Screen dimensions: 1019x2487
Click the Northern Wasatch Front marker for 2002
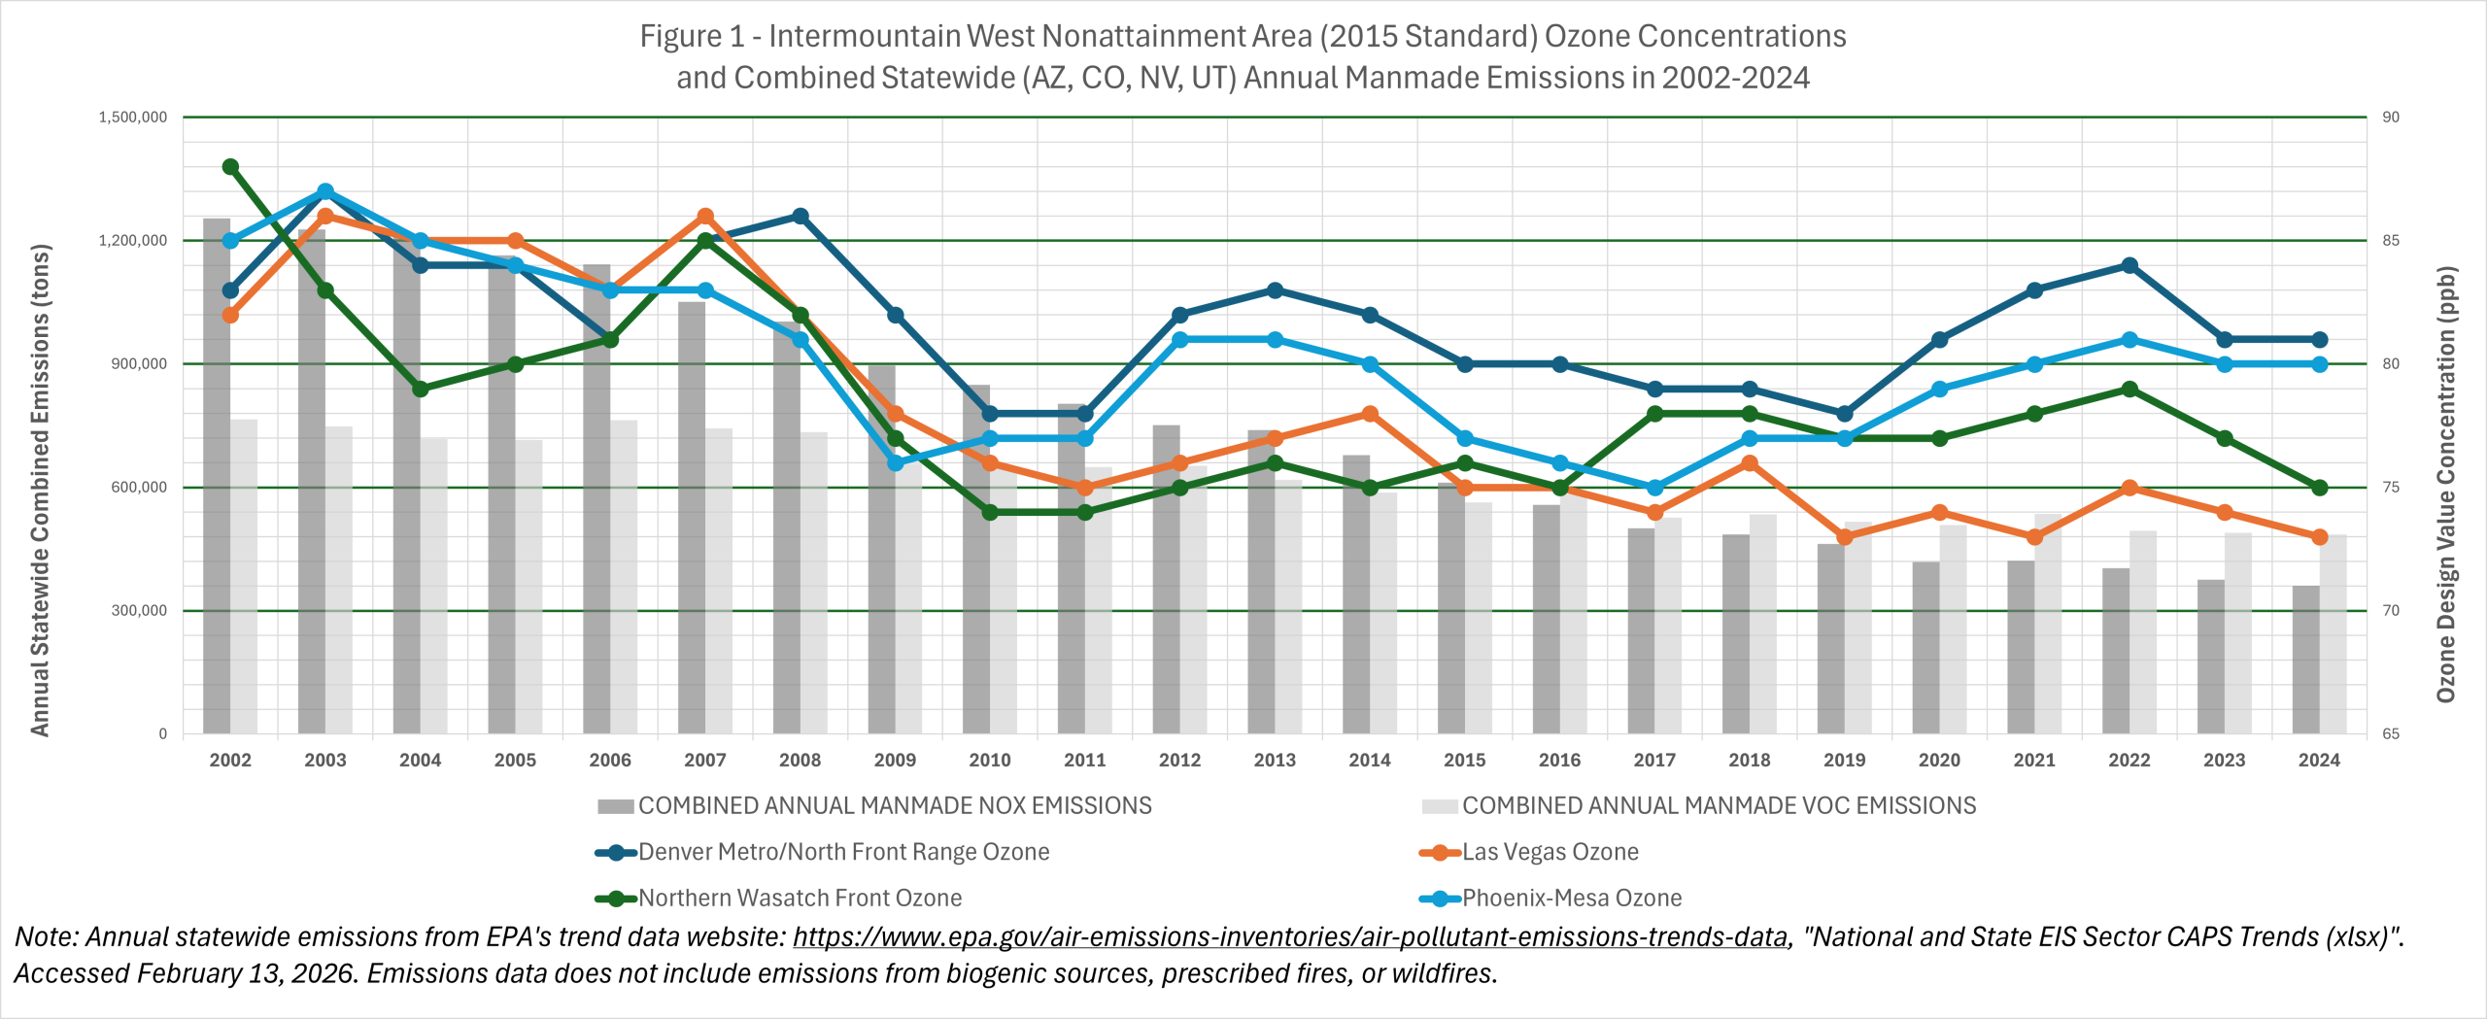point(230,167)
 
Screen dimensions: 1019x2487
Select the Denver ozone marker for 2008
point(801,216)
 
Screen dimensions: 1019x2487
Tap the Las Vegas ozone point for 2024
point(2319,537)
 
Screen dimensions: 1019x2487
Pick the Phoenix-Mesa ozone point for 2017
point(1654,488)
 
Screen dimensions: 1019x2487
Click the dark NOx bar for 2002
point(217,476)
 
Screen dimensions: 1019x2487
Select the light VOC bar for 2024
point(2333,634)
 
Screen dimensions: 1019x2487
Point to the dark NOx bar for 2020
point(1925,647)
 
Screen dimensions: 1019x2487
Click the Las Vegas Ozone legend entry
point(1550,852)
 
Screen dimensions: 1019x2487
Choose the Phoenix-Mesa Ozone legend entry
point(1571,899)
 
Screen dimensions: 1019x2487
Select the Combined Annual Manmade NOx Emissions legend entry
point(894,806)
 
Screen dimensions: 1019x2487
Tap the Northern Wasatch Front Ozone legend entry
point(800,899)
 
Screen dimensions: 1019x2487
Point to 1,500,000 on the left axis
point(133,118)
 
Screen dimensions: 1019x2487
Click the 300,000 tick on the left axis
point(139,611)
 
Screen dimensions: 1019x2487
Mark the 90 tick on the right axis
point(2391,118)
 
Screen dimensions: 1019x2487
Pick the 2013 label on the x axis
point(1275,761)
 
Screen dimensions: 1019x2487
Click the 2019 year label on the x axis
point(1844,761)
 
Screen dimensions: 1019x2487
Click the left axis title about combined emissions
point(40,491)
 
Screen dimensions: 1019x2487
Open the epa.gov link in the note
point(1290,937)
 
